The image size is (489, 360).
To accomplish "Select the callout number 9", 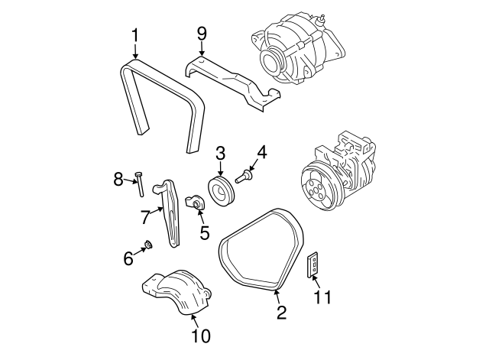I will pos(202,34).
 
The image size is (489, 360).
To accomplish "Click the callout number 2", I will pos(281,311).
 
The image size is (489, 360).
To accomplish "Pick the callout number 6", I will pos(128,258).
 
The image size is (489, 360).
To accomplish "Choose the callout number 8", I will pos(118,179).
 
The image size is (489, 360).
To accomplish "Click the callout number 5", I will pos(205,232).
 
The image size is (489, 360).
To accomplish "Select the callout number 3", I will pos(219,153).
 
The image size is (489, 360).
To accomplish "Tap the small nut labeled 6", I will pos(149,245).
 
